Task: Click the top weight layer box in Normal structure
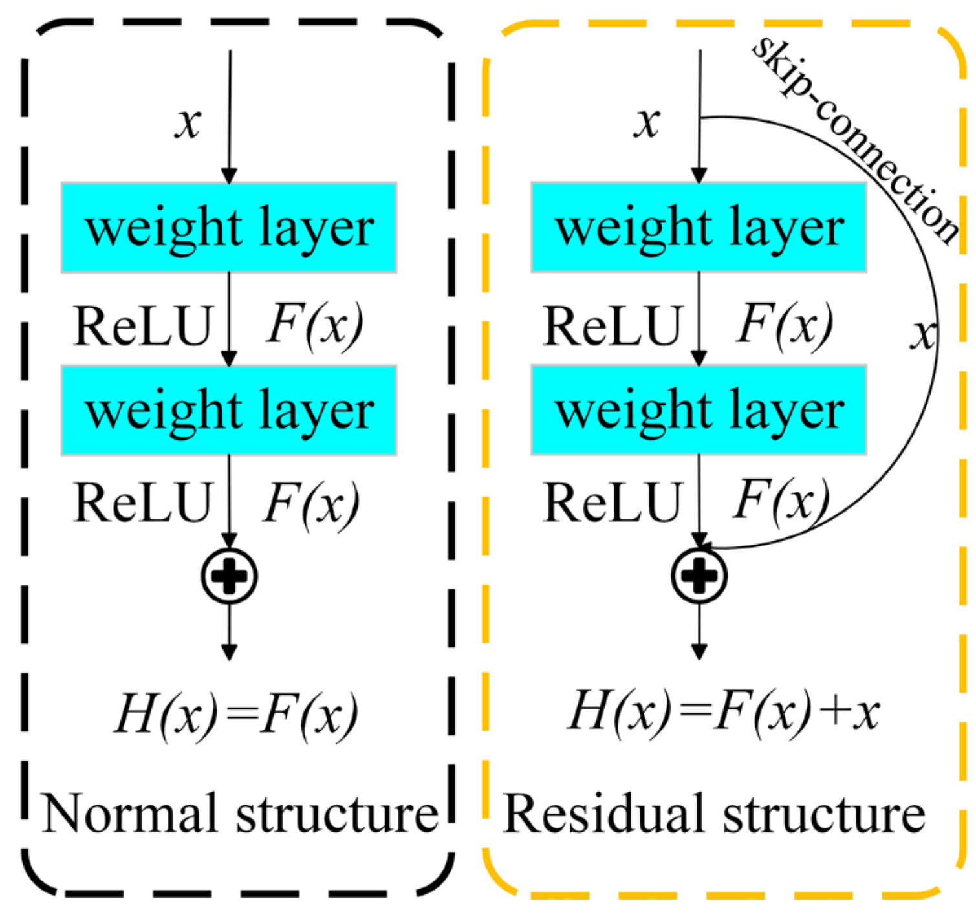click(229, 228)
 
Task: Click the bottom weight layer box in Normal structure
click(229, 411)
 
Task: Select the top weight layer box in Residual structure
click(699, 228)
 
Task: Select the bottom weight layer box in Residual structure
click(699, 411)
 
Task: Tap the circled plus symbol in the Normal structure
click(229, 576)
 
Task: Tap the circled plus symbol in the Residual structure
click(699, 576)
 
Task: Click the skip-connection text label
click(854, 139)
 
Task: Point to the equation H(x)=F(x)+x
click(723, 711)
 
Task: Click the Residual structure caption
click(713, 814)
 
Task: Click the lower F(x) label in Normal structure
click(311, 503)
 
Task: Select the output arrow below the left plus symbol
click(229, 634)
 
